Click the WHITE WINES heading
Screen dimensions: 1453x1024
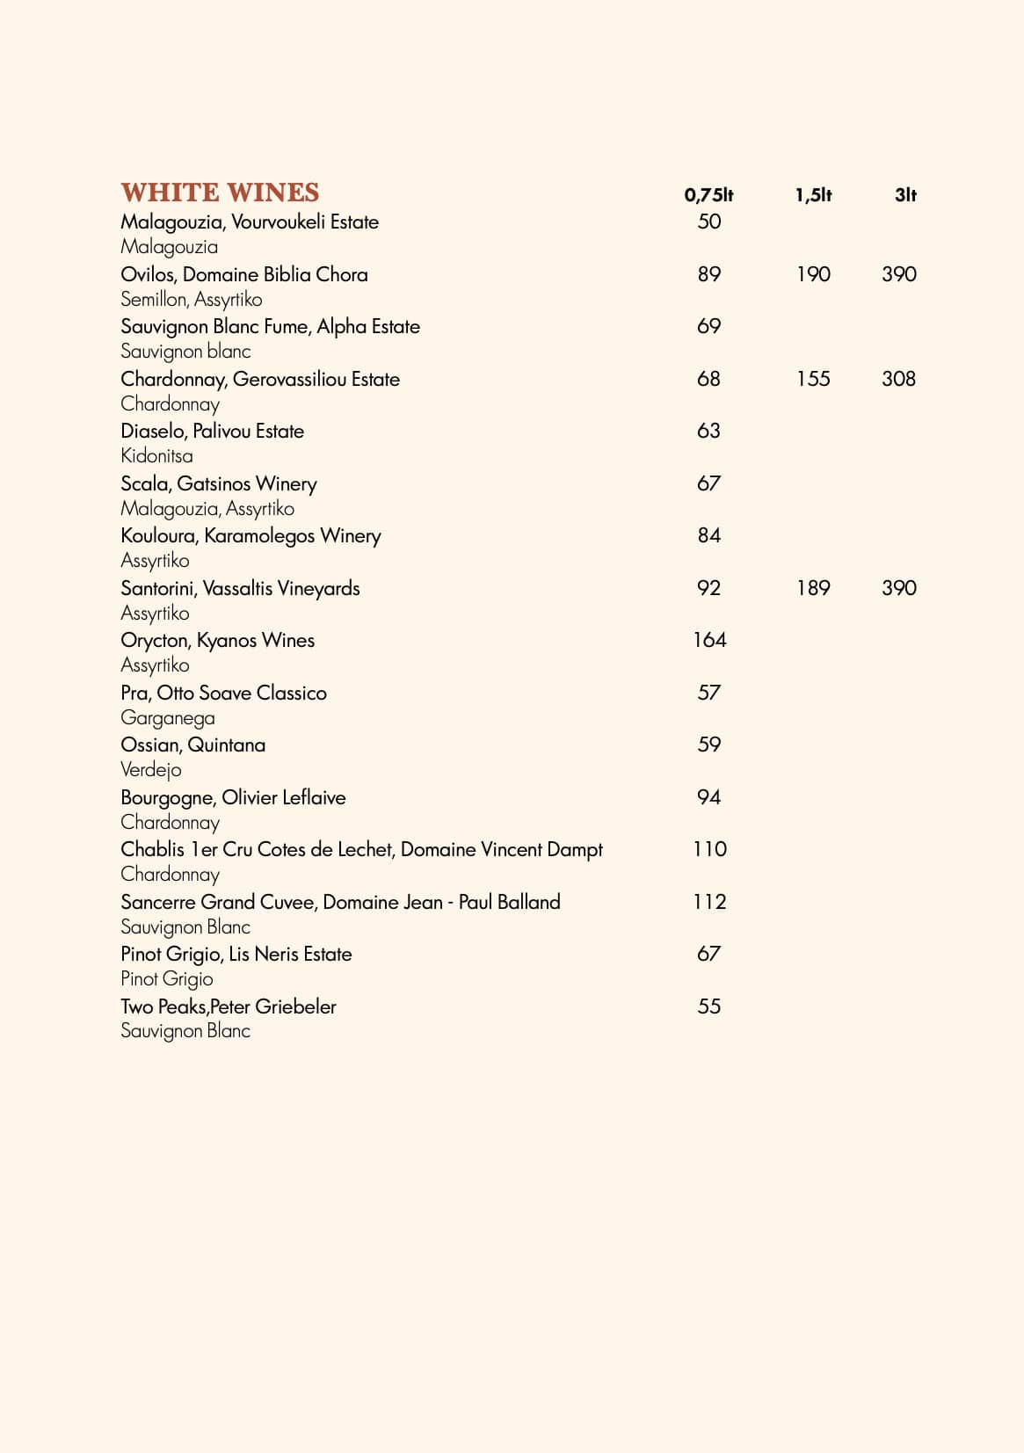click(x=220, y=193)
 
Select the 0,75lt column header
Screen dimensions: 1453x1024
click(x=708, y=195)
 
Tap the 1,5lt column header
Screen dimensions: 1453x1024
click(x=813, y=195)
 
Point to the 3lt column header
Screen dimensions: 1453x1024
click(x=905, y=195)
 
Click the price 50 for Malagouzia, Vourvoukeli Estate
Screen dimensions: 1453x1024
click(x=708, y=222)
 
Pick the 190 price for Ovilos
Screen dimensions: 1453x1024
click(x=813, y=274)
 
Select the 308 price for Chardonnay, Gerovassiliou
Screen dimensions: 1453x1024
click(x=898, y=379)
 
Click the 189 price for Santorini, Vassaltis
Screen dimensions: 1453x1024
click(x=813, y=588)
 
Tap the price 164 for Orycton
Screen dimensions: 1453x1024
click(x=709, y=640)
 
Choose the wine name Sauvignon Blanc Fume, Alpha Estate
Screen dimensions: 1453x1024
click(x=270, y=327)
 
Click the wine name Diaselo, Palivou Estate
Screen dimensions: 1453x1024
click(x=212, y=432)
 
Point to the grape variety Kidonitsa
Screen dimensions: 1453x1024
click(x=156, y=456)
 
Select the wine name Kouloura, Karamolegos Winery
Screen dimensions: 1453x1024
click(x=251, y=536)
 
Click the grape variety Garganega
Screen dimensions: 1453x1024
click(x=167, y=718)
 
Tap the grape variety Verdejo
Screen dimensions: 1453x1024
click(x=150, y=770)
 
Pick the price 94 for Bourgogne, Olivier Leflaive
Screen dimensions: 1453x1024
click(x=708, y=797)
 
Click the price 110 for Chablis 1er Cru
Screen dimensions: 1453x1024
click(x=709, y=849)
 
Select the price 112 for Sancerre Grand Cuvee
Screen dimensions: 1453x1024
click(x=709, y=902)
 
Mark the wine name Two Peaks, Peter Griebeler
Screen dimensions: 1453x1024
click(x=228, y=1007)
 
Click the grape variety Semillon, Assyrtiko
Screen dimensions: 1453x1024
click(x=191, y=300)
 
